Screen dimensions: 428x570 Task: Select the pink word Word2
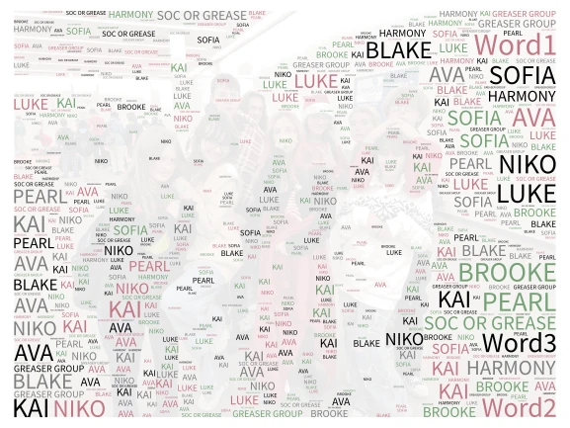click(x=519, y=406)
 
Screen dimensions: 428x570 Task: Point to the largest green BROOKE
click(x=508, y=273)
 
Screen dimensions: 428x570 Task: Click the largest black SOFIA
click(x=523, y=75)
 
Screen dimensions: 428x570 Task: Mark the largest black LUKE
click(x=526, y=193)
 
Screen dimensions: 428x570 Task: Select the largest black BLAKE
click(x=398, y=50)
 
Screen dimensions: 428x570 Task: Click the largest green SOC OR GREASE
click(x=489, y=323)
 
